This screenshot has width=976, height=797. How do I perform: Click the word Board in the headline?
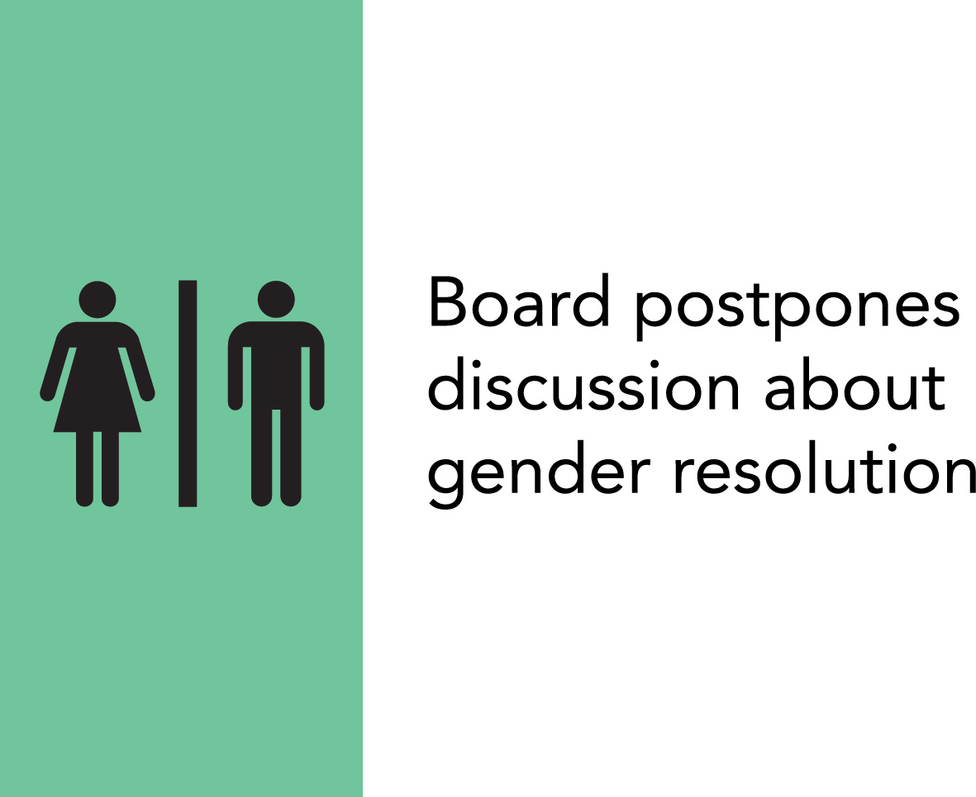(518, 301)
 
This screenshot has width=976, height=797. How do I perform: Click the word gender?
(539, 473)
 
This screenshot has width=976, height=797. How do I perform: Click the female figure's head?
(97, 299)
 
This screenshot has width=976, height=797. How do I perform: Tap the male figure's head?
(276, 299)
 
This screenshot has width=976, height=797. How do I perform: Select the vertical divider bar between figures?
(188, 393)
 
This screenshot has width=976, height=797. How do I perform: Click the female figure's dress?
(97, 377)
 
